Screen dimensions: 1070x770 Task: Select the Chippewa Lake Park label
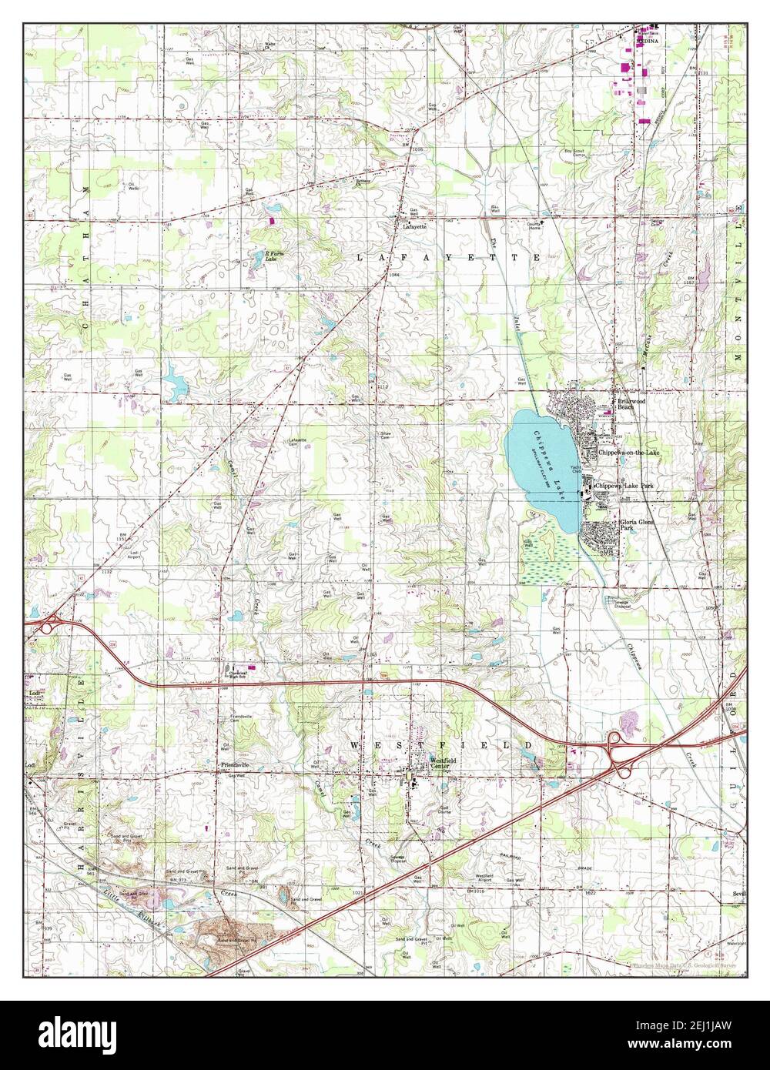tap(625, 487)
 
